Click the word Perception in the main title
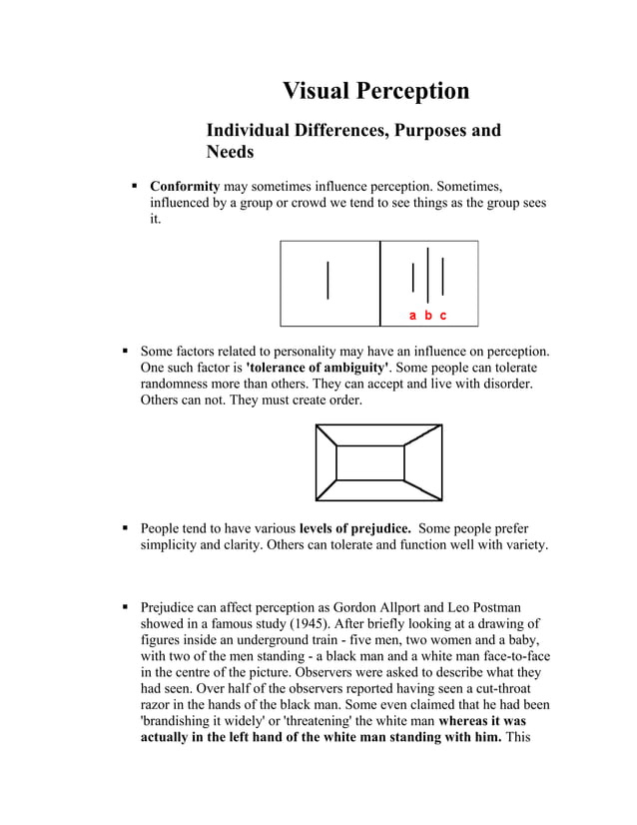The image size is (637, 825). point(413,91)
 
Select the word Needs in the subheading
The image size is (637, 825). point(230,153)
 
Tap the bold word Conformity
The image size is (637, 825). point(185,186)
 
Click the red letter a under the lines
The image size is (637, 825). point(413,316)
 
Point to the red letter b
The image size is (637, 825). point(428,316)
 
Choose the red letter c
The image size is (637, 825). point(443,316)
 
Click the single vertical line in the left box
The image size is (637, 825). point(327,279)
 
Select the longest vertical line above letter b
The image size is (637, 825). point(428,274)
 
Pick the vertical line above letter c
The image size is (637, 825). point(443,276)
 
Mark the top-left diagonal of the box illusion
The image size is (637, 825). point(326,436)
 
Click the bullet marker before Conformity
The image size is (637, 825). point(133,186)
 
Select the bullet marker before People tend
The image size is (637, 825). point(125,527)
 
